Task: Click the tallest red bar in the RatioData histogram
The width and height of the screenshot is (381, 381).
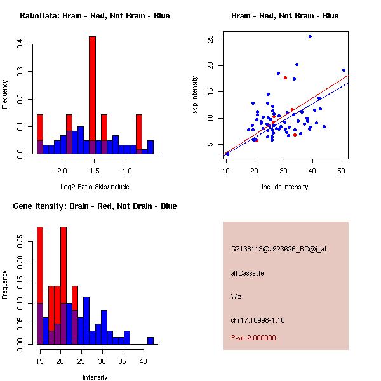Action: click(92, 95)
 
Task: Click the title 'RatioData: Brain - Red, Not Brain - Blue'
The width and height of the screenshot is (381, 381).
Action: click(95, 16)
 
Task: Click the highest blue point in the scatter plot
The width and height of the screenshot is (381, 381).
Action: click(310, 37)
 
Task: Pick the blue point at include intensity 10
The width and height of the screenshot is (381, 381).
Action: click(227, 154)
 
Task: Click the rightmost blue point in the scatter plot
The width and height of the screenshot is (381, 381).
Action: click(344, 70)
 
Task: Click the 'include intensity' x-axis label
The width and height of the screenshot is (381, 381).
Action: click(285, 187)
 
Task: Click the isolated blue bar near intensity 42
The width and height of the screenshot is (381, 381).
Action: click(150, 341)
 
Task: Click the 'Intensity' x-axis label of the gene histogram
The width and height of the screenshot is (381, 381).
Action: click(95, 377)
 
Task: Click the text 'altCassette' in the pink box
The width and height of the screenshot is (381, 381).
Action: click(247, 273)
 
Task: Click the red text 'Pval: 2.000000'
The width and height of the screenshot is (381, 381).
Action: click(253, 338)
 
